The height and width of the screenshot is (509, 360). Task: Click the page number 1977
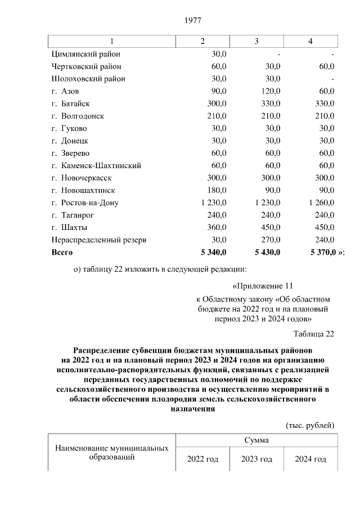pos(193,21)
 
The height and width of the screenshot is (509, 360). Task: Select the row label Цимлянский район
pos(85,55)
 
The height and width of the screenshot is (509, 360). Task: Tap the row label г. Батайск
pos(70,104)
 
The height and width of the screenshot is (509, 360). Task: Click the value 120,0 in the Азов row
pos(269,92)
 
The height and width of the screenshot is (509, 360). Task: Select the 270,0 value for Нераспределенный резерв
pos(269,240)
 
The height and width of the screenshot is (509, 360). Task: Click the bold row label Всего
pos(62,253)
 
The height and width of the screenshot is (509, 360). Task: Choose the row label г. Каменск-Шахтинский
pos(96,166)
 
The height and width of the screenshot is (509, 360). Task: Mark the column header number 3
pos(256,42)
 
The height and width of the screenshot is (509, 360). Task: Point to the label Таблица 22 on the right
pos(313,334)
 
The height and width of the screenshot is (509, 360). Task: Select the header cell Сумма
pos(256,440)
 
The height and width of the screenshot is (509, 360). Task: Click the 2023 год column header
pos(256,460)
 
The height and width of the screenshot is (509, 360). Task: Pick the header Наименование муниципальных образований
pos(112,453)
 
